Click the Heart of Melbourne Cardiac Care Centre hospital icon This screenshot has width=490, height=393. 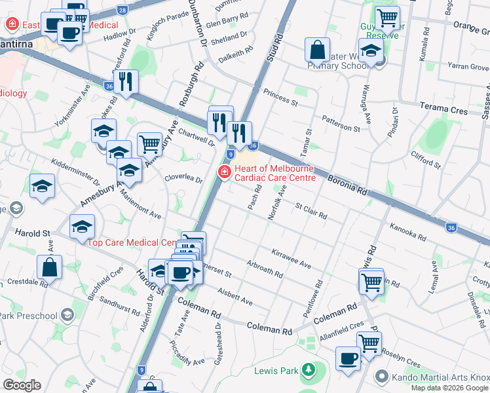[x=223, y=172]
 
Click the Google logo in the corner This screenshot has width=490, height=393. [x=22, y=384]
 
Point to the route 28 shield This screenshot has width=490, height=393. [x=122, y=10]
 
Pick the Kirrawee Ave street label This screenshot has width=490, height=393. [x=291, y=257]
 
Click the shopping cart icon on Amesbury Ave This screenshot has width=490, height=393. [x=149, y=143]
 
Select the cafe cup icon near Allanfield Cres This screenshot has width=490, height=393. [x=349, y=358]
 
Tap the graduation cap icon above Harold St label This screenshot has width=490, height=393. [x=83, y=226]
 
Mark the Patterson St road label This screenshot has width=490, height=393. [x=340, y=124]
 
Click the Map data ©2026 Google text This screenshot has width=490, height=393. [x=449, y=388]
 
